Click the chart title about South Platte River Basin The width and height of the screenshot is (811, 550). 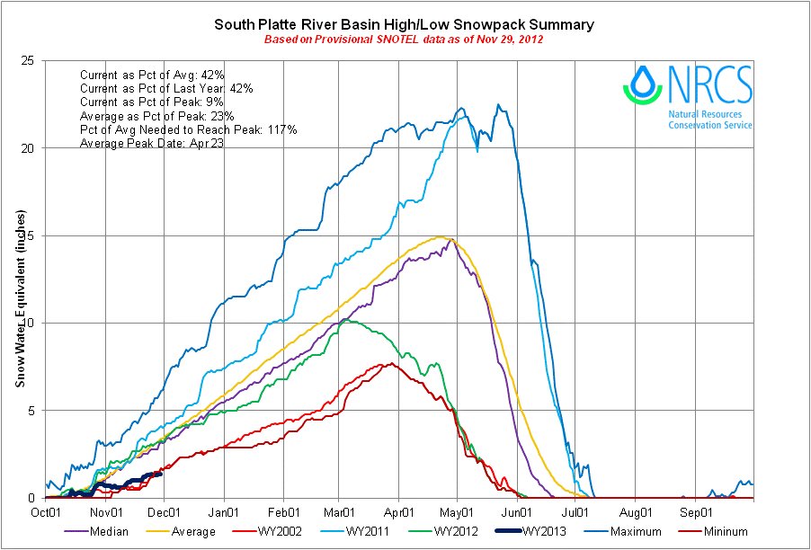tap(404, 24)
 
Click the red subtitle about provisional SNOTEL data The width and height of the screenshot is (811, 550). tap(404, 40)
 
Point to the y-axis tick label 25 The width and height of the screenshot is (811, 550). tap(29, 60)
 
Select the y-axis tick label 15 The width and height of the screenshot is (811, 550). tap(29, 235)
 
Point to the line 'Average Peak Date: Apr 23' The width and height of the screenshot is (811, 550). tap(152, 144)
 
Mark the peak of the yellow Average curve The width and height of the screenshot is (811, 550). tap(441, 237)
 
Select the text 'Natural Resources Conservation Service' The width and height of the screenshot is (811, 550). tap(710, 120)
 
